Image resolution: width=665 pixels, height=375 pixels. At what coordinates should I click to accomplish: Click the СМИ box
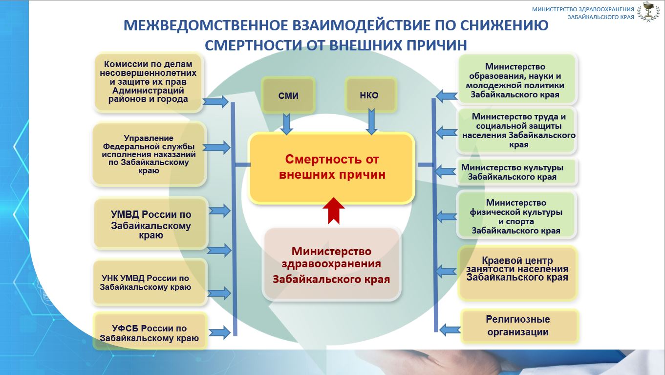click(x=288, y=95)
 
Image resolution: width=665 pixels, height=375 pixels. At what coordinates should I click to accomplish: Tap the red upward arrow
click(x=334, y=211)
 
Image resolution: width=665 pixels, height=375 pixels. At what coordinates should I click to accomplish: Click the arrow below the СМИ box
click(x=286, y=124)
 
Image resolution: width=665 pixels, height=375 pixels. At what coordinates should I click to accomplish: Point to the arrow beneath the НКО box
click(x=371, y=122)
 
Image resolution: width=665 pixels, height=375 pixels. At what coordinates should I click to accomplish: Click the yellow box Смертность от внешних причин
click(x=332, y=168)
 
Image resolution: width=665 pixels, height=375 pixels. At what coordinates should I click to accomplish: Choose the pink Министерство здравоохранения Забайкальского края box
click(x=332, y=265)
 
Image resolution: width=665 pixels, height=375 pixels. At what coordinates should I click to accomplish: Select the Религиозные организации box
click(x=519, y=326)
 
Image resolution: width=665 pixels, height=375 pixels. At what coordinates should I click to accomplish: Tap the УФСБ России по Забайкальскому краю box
click(x=150, y=331)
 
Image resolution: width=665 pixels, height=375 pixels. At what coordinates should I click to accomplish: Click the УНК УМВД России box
click(x=150, y=282)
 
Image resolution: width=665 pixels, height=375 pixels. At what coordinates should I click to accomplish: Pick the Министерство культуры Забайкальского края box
click(x=516, y=172)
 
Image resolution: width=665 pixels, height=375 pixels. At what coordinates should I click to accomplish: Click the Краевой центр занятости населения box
click(x=517, y=273)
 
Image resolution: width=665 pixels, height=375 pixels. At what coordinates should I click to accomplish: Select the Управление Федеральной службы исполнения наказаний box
click(x=149, y=154)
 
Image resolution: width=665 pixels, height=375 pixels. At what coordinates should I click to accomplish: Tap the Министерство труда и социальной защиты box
click(x=516, y=131)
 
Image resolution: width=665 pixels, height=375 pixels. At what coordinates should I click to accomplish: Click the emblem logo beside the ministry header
click(x=649, y=12)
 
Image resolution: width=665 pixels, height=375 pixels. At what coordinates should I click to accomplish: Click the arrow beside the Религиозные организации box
click(x=450, y=329)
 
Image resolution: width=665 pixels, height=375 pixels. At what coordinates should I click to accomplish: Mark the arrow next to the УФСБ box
click(x=219, y=332)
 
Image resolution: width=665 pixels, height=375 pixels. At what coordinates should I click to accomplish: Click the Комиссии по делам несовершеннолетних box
click(x=149, y=82)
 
